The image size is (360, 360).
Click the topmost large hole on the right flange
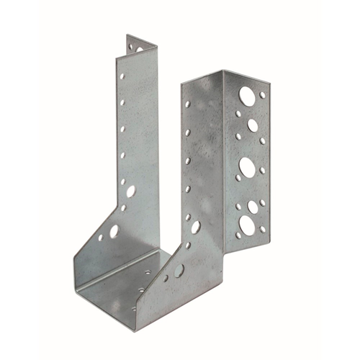pos(247,94)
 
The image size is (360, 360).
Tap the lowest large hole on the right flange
pos(247,225)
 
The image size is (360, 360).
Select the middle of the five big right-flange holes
pos(247,168)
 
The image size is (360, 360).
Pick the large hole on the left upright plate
pos(130,192)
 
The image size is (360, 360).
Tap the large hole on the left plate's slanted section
pos(114,232)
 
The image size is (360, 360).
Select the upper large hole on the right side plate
pos(195,227)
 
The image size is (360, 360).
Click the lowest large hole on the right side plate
pos(179,271)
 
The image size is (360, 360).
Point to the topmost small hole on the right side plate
pos(188,105)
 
